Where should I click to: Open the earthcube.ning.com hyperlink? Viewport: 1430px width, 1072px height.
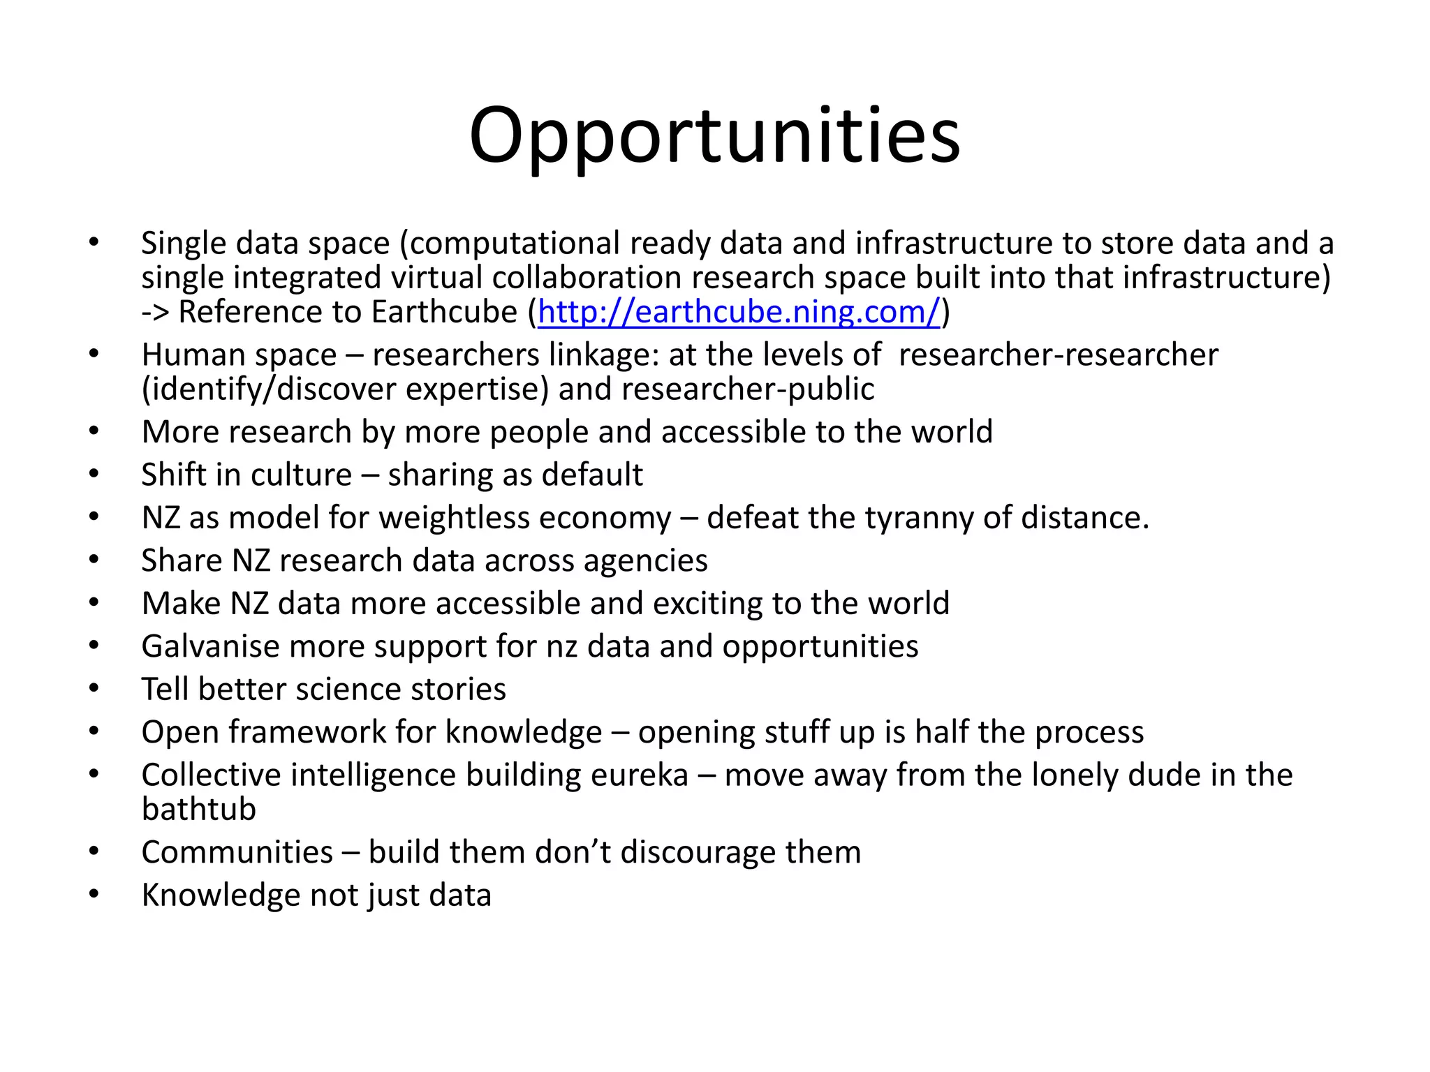click(x=739, y=312)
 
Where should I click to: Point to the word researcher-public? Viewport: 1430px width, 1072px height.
click(x=748, y=389)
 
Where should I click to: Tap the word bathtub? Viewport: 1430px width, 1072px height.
click(x=199, y=810)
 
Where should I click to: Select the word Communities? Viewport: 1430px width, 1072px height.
click(x=237, y=853)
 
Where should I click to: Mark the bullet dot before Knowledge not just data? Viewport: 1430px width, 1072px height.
click(x=94, y=894)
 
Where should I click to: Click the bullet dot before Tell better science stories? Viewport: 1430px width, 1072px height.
click(x=94, y=688)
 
